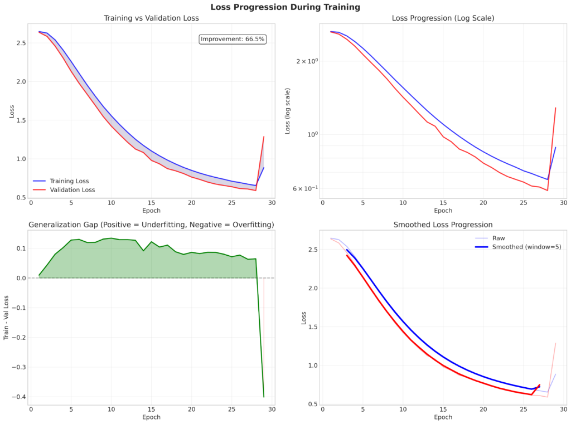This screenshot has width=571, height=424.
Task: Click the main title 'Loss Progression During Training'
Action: tap(285, 7)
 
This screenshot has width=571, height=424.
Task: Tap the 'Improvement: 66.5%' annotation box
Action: tap(233, 39)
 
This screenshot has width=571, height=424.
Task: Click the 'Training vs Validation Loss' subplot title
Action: tap(151, 18)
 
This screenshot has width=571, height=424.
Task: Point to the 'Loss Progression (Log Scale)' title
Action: tap(443, 18)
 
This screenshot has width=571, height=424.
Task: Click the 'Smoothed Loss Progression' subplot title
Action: tap(443, 225)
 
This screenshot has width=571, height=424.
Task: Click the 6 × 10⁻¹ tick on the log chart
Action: tap(304, 188)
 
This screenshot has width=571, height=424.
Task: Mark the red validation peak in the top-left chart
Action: tap(264, 137)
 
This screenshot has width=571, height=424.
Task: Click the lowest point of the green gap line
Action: tap(264, 397)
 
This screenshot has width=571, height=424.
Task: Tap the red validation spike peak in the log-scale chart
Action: tap(556, 108)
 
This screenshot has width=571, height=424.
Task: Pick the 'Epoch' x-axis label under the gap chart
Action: tap(151, 417)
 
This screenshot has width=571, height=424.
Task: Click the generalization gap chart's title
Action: tap(151, 225)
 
